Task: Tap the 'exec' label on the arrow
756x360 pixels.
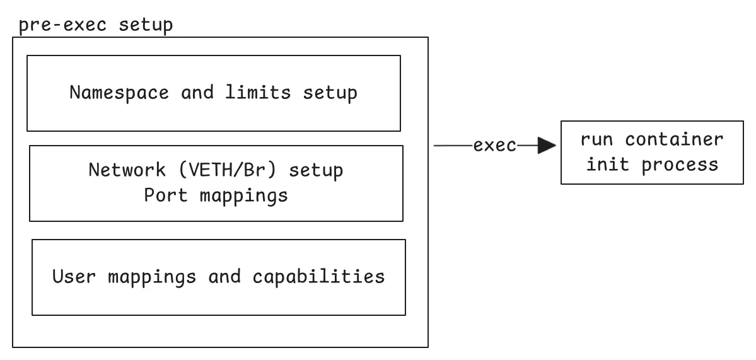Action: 495,146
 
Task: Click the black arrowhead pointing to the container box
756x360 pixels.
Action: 545,146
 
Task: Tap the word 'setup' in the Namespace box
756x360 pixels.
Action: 330,93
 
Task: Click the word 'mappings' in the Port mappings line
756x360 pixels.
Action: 243,195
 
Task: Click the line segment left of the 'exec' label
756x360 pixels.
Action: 453,146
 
